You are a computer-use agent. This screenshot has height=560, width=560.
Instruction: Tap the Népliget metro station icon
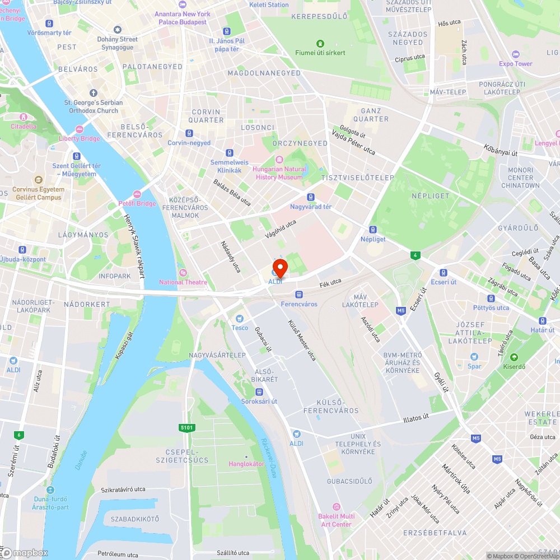(373, 229)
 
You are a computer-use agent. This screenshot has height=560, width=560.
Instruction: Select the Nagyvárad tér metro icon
(311, 197)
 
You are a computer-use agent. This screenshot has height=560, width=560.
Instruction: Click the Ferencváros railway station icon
(299, 294)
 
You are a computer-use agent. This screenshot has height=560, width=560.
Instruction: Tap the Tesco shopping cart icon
(240, 318)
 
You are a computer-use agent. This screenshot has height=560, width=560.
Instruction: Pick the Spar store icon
(474, 357)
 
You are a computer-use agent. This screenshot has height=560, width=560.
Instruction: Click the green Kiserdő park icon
(514, 357)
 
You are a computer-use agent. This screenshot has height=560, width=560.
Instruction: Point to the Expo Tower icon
(516, 54)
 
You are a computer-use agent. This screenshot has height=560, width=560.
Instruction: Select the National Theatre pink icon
(183, 272)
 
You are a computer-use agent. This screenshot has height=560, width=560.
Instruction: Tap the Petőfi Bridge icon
(137, 194)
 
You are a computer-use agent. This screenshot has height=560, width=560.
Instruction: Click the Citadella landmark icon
(24, 116)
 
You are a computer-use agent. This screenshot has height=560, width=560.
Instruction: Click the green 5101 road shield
(186, 428)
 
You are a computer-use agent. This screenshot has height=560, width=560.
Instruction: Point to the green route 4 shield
(415, 255)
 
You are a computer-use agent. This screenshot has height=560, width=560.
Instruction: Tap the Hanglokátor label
(246, 464)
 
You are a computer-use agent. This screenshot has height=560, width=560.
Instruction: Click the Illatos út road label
(416, 418)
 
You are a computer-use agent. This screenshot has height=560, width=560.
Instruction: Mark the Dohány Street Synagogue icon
(118, 29)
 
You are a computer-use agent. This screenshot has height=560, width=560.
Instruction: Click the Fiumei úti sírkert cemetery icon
(320, 43)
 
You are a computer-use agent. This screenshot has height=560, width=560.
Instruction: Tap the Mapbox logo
(25, 553)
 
